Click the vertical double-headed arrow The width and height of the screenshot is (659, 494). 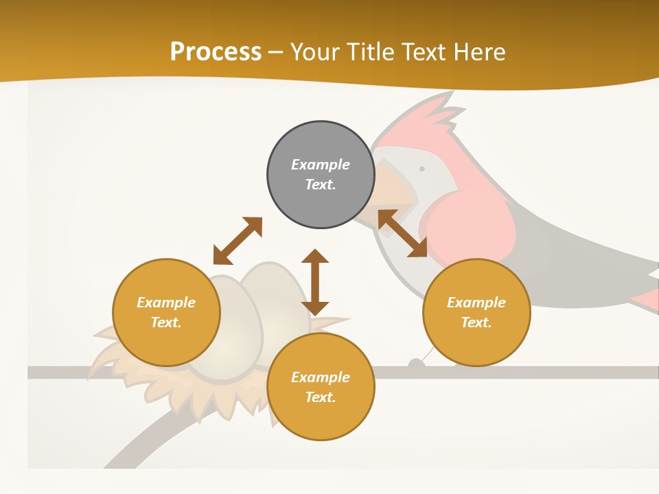point(315,282)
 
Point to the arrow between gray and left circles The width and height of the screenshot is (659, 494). point(238,240)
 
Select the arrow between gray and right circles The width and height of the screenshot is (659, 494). point(402,233)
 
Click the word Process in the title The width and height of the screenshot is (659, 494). point(216,52)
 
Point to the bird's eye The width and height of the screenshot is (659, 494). point(421,169)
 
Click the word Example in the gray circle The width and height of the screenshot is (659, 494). point(321,165)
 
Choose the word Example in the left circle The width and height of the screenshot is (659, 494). point(166,303)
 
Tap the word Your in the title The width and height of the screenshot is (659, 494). point(312,52)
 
